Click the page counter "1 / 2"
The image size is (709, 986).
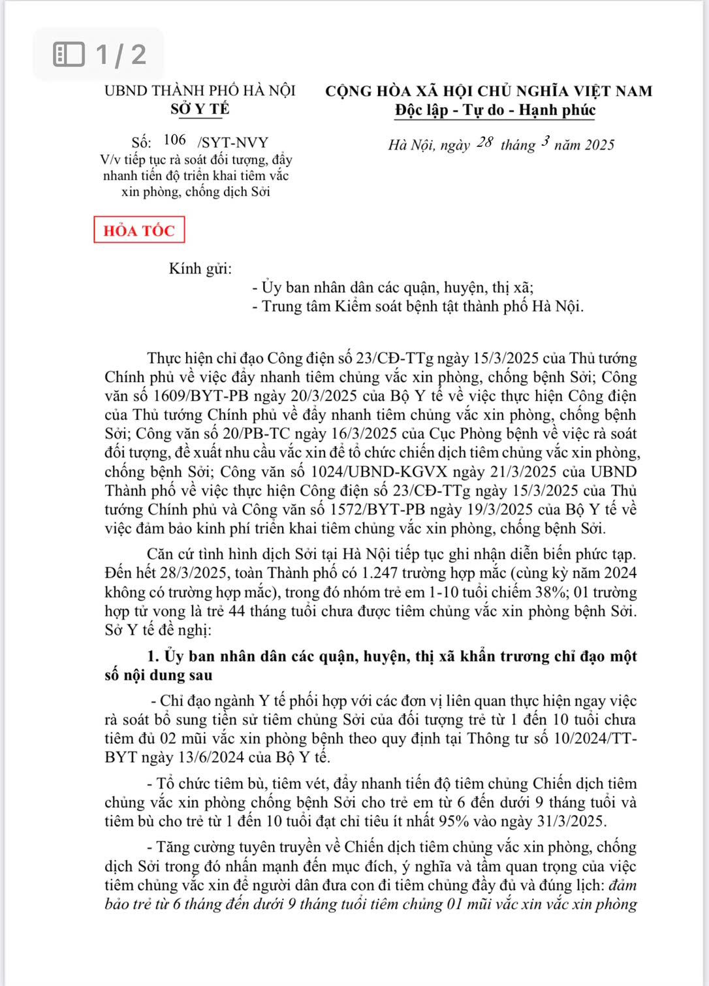click(x=121, y=54)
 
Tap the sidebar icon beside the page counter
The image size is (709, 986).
click(x=69, y=54)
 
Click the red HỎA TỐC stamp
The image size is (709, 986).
click(x=139, y=230)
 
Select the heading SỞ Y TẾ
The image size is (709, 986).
click(x=200, y=109)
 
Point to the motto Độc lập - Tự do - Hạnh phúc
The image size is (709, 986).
click(x=495, y=110)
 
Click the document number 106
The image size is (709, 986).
click(x=174, y=140)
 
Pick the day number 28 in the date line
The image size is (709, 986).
click(x=484, y=142)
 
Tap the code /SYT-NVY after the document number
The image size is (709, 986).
click(x=232, y=142)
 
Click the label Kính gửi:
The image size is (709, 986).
click(x=200, y=268)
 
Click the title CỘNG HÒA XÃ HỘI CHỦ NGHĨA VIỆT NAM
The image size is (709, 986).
click(x=489, y=91)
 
